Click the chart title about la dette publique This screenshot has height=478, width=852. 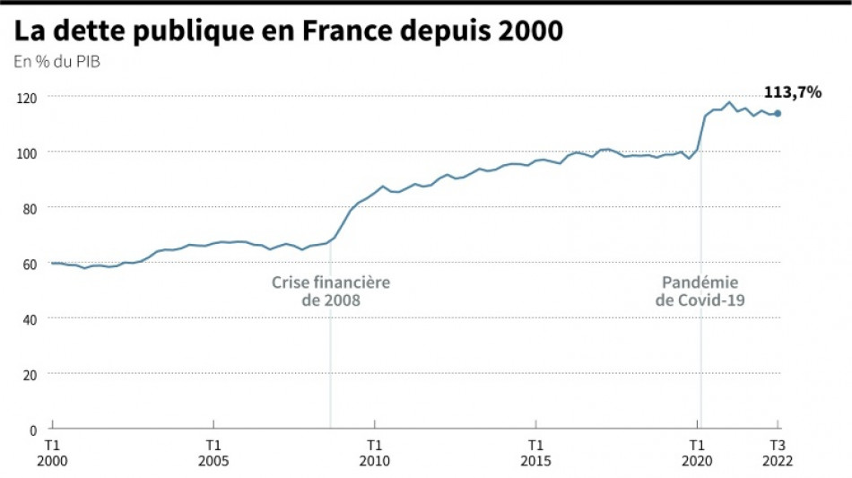[288, 30]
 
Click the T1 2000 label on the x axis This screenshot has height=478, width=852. [52, 452]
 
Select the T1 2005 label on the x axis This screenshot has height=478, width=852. [213, 452]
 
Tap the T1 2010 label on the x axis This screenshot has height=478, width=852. [375, 452]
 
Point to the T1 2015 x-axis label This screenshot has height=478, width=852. [535, 452]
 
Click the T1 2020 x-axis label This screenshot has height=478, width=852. [697, 452]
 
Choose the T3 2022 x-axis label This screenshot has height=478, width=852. [778, 452]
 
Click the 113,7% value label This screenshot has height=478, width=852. [792, 91]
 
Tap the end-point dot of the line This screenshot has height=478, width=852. [778, 113]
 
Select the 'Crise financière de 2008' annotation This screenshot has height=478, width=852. [331, 291]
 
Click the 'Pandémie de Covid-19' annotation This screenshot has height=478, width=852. [700, 291]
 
